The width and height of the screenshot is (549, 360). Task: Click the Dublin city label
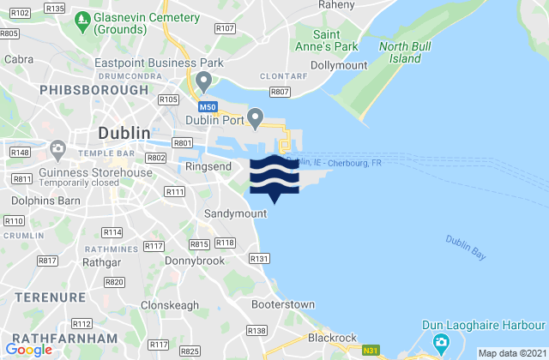tap(124, 134)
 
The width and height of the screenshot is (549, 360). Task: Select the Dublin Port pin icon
tap(254, 116)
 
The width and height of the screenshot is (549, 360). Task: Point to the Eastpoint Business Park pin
tap(203, 81)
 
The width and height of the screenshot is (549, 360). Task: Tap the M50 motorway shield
tap(206, 107)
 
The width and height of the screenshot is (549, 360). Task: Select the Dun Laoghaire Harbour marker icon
tap(441, 341)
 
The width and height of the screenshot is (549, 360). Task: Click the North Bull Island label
tap(401, 52)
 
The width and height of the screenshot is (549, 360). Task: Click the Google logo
tap(28, 349)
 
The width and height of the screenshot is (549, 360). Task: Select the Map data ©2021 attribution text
tap(511, 353)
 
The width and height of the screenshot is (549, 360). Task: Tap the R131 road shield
tap(258, 258)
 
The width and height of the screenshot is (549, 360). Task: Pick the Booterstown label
tap(283, 304)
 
